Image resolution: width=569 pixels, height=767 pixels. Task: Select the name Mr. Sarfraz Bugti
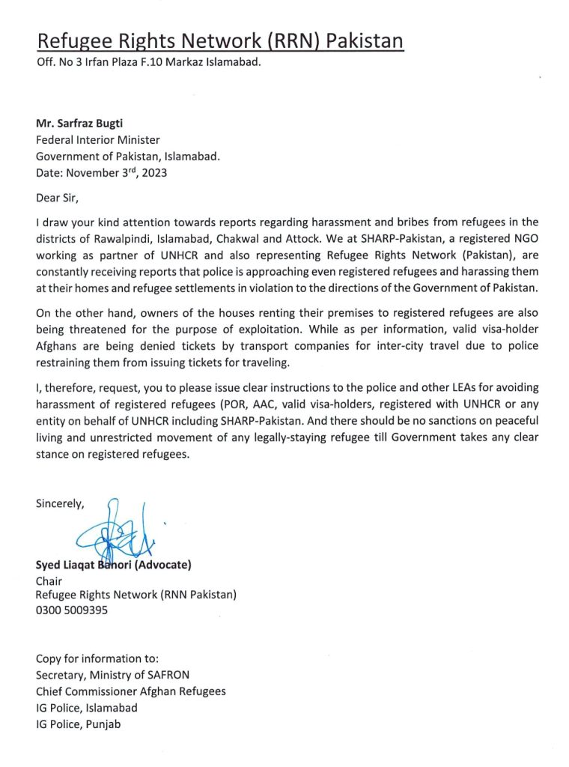click(81, 125)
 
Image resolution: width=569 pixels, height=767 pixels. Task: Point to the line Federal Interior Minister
click(98, 140)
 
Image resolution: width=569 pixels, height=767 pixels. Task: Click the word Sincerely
click(60, 504)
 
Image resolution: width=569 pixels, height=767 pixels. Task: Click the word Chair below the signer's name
click(49, 580)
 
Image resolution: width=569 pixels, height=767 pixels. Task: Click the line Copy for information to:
click(97, 659)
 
